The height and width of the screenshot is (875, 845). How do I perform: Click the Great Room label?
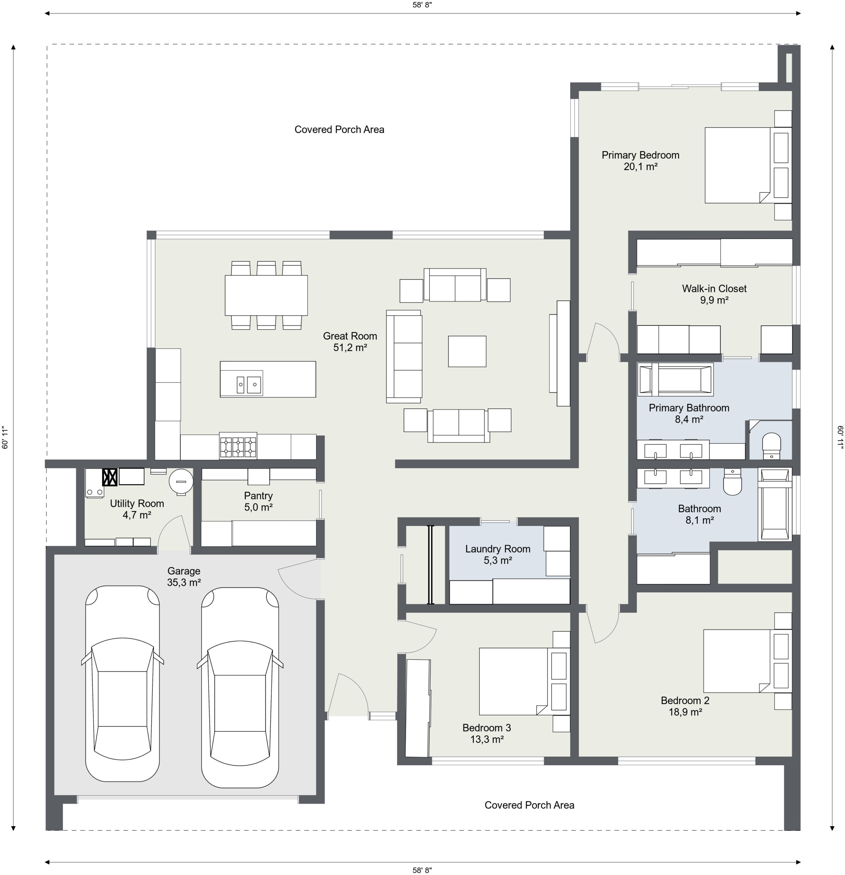350,336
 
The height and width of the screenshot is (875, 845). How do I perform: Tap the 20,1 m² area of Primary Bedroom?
641,167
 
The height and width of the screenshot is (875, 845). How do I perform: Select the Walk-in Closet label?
714,288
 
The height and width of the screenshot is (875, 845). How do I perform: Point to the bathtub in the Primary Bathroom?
676,379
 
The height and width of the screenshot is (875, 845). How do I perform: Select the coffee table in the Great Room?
467,351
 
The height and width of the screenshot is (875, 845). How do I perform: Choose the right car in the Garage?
240,687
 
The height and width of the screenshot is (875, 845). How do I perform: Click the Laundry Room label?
498,549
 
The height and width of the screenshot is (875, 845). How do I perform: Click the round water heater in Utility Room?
181,481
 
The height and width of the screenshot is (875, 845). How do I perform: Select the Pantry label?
258,496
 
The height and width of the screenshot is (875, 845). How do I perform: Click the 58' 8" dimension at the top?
422,5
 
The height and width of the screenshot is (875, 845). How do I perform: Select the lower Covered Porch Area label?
529,805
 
